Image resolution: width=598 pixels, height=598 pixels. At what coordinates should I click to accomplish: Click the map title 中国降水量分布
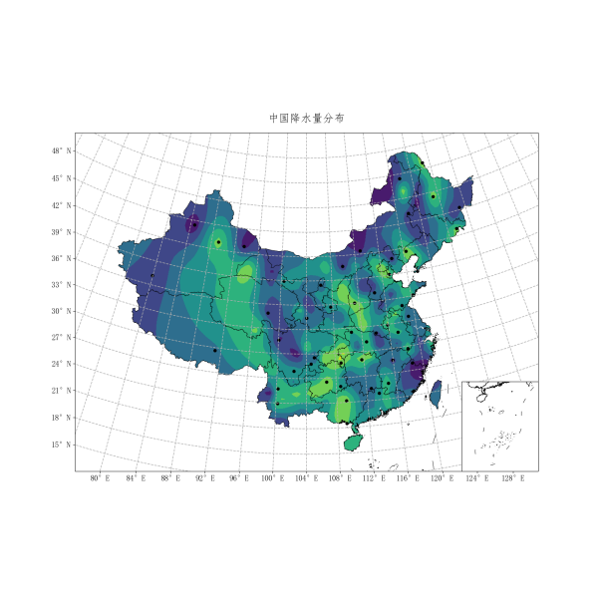click(x=307, y=118)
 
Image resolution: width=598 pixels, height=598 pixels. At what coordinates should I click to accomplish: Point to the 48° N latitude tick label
click(x=63, y=150)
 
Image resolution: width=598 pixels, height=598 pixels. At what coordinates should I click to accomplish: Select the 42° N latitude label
click(x=63, y=205)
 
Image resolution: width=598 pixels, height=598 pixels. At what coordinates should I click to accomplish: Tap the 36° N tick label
click(x=63, y=258)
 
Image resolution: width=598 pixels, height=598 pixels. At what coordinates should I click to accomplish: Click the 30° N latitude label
click(x=63, y=311)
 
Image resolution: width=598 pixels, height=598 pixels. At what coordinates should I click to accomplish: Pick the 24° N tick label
click(x=63, y=364)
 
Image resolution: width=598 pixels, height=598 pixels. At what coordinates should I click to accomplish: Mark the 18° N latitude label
click(x=63, y=417)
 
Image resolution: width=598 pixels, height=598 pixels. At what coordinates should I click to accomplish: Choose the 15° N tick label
click(x=63, y=444)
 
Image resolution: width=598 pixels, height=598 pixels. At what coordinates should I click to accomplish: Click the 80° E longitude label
click(x=100, y=479)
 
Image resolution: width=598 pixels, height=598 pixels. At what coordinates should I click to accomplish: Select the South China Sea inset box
click(x=500, y=426)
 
